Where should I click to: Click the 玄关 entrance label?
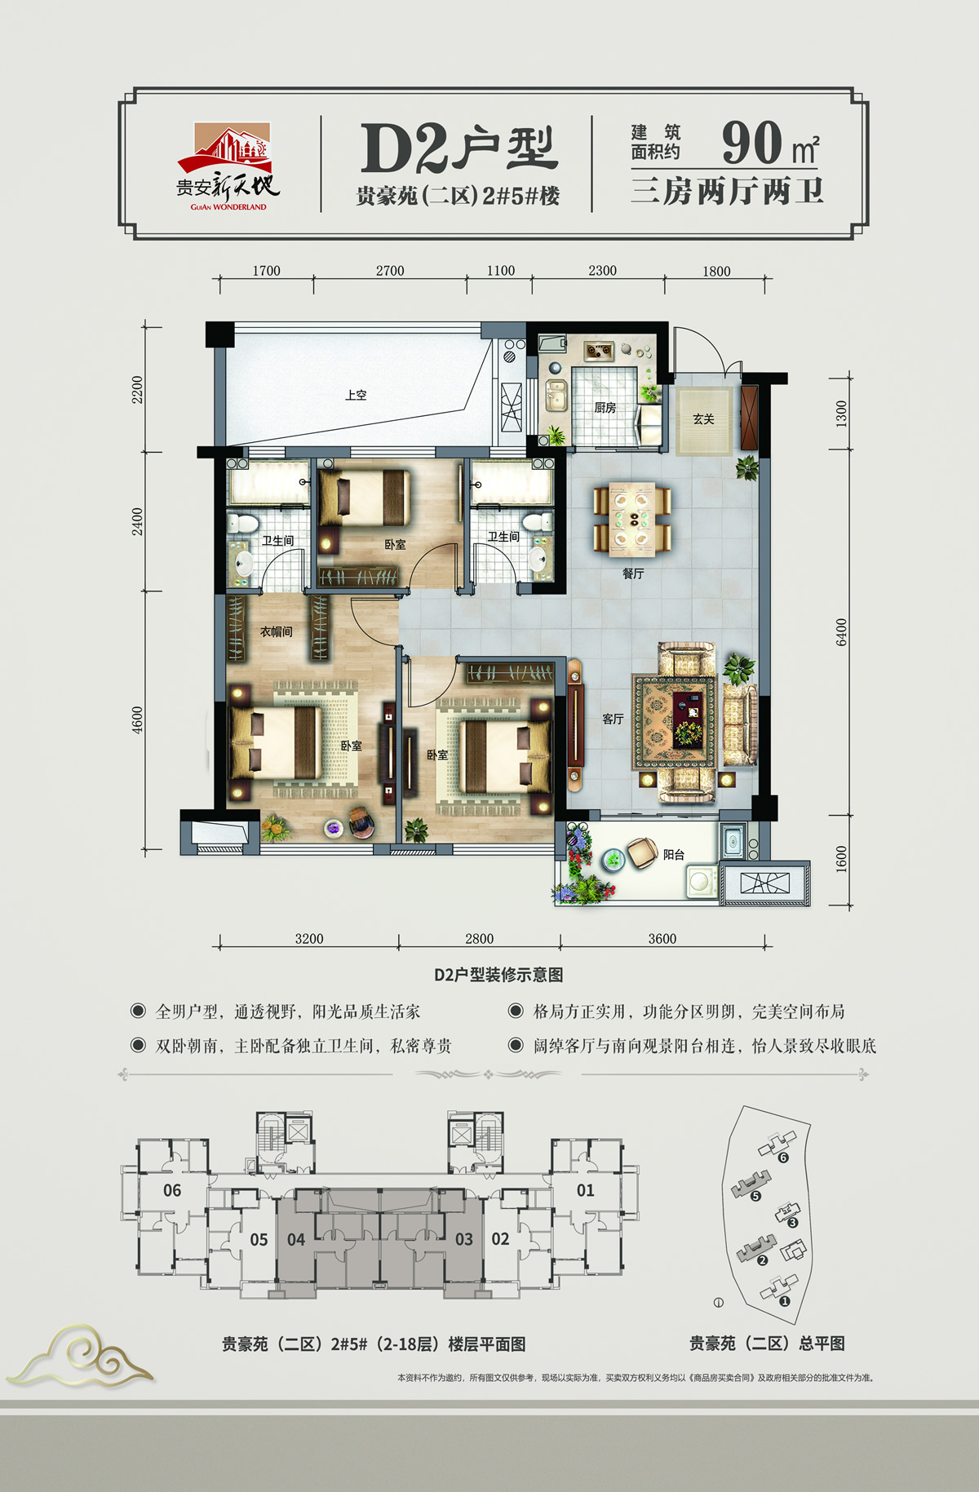[x=703, y=419]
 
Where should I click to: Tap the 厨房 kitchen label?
[x=605, y=408]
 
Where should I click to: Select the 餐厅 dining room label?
[x=633, y=574]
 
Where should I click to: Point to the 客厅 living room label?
[x=613, y=719]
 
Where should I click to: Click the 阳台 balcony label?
[x=674, y=855]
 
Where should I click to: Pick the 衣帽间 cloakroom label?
[x=277, y=631]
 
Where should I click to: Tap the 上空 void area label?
[x=356, y=395]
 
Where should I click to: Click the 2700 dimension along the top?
[x=390, y=271]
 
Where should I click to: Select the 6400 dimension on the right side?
[x=841, y=632]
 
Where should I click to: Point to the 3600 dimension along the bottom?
[x=662, y=939]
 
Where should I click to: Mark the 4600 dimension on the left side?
[x=137, y=719]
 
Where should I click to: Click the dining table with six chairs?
[x=632, y=520]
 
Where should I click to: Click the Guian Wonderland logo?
[x=229, y=167]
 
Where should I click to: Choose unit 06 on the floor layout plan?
[x=172, y=1190]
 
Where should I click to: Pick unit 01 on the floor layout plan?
[x=586, y=1190]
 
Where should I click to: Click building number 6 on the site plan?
[x=783, y=1158]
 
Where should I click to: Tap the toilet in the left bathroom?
[x=241, y=523]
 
